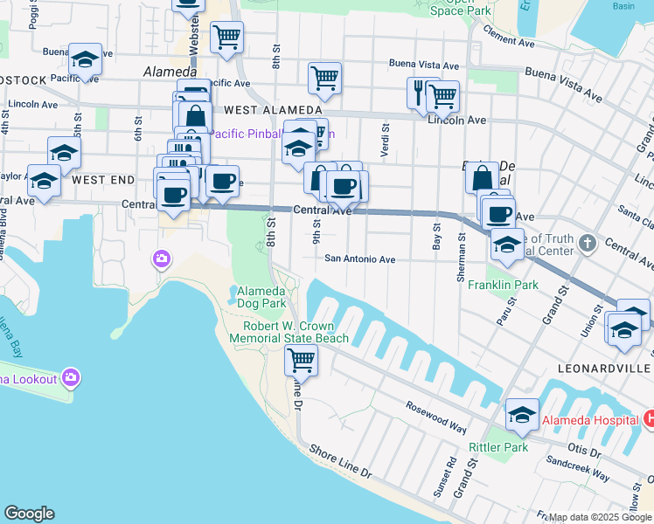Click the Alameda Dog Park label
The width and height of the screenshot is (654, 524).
261,297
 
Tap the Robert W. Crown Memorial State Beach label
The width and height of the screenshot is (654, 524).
296,332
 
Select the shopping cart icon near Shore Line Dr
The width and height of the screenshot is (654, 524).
301,359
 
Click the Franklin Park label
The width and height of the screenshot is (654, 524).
502,285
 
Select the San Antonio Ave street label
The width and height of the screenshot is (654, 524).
360,259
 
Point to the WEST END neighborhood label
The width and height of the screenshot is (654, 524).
103,180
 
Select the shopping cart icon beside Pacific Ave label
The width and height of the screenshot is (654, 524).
324,78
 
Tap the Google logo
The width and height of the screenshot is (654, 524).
29,514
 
